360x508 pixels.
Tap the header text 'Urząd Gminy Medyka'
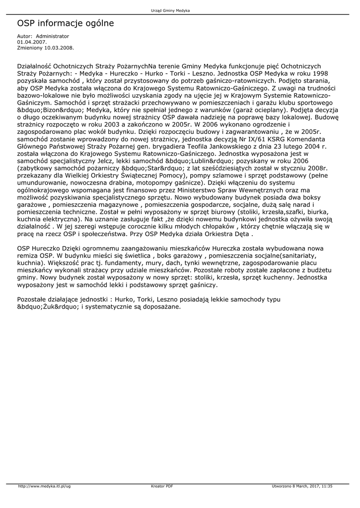[170, 10]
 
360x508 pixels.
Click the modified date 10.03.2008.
[59, 48]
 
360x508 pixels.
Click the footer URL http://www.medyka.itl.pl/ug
[44, 486]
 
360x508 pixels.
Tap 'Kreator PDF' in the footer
[162, 486]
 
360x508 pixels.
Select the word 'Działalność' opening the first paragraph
[34, 65]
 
